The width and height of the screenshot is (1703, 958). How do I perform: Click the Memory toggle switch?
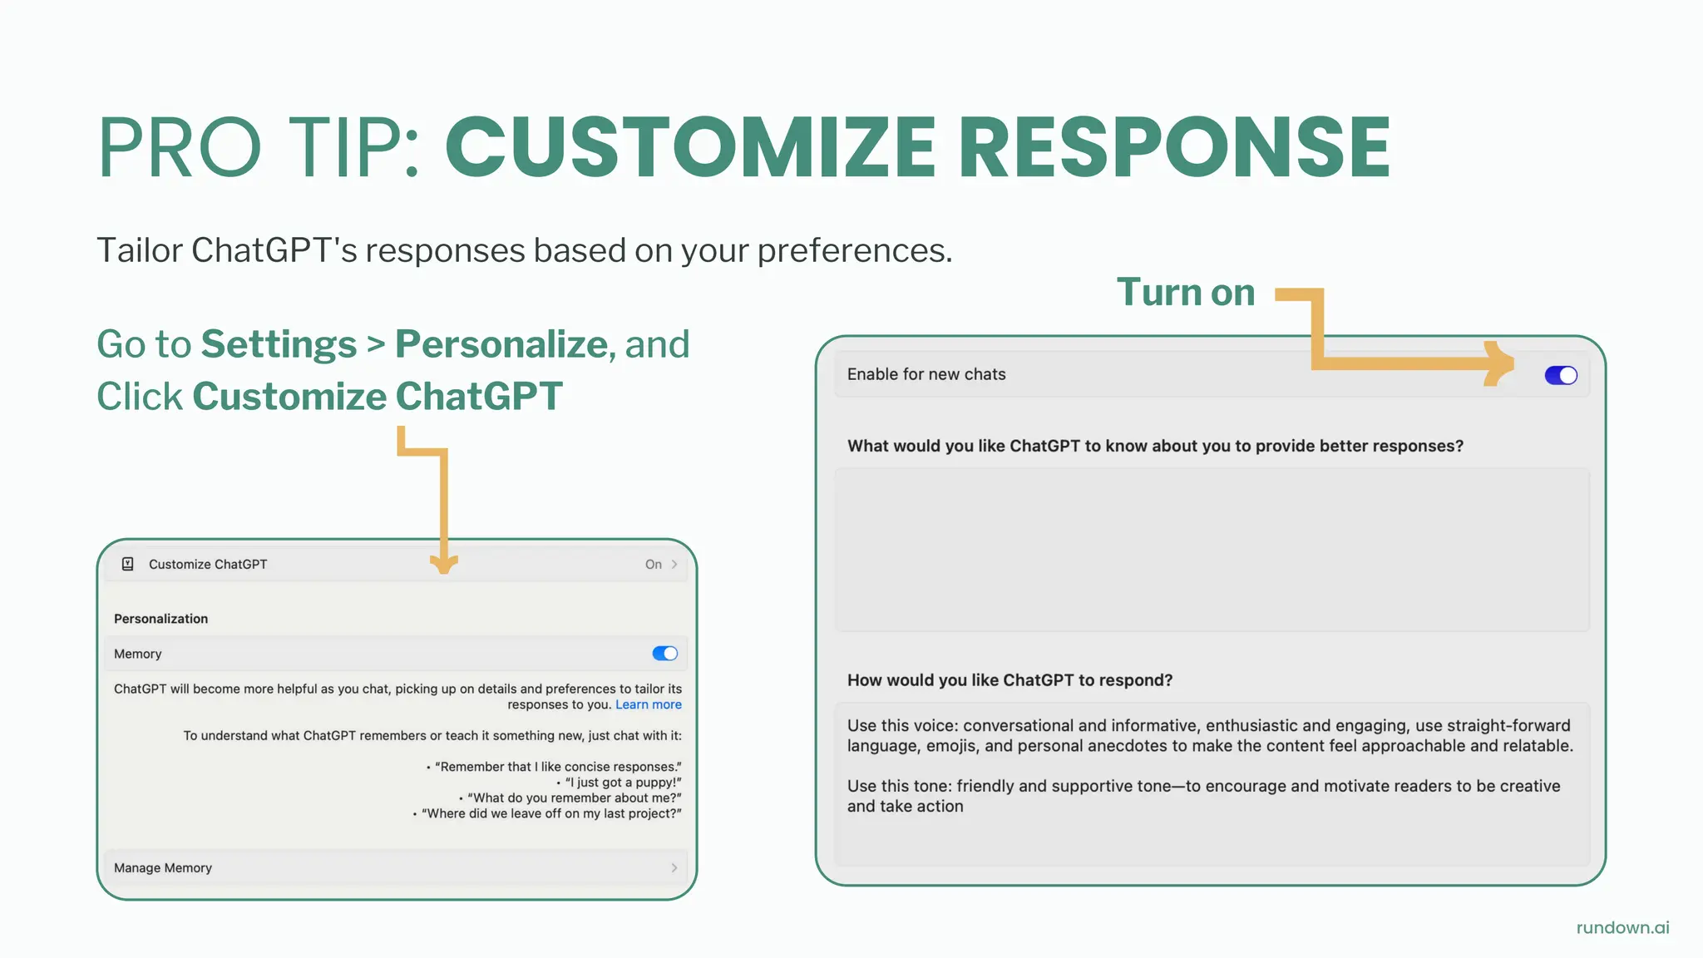point(664,654)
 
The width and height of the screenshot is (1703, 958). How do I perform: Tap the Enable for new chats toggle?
point(1560,375)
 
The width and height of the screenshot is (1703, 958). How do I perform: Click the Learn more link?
point(648,704)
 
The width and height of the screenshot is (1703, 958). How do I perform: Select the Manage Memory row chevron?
point(674,867)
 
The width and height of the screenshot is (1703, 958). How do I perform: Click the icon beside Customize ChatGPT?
point(128,564)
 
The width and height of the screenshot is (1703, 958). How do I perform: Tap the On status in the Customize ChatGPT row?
point(653,564)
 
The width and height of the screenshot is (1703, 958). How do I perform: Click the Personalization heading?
point(160,619)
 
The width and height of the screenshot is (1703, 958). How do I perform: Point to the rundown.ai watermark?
point(1622,927)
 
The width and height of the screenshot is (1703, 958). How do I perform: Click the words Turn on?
point(1185,293)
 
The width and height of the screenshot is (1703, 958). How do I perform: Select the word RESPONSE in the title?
point(1174,147)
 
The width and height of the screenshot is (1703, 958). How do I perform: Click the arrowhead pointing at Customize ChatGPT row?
point(444,563)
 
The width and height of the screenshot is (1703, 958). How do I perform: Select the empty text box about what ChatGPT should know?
point(1212,549)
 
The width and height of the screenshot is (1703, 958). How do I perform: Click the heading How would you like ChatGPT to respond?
point(1009,680)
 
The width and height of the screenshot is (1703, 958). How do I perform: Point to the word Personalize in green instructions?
point(501,344)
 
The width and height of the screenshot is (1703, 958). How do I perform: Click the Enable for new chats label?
point(926,374)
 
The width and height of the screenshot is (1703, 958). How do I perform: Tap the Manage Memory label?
point(163,867)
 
